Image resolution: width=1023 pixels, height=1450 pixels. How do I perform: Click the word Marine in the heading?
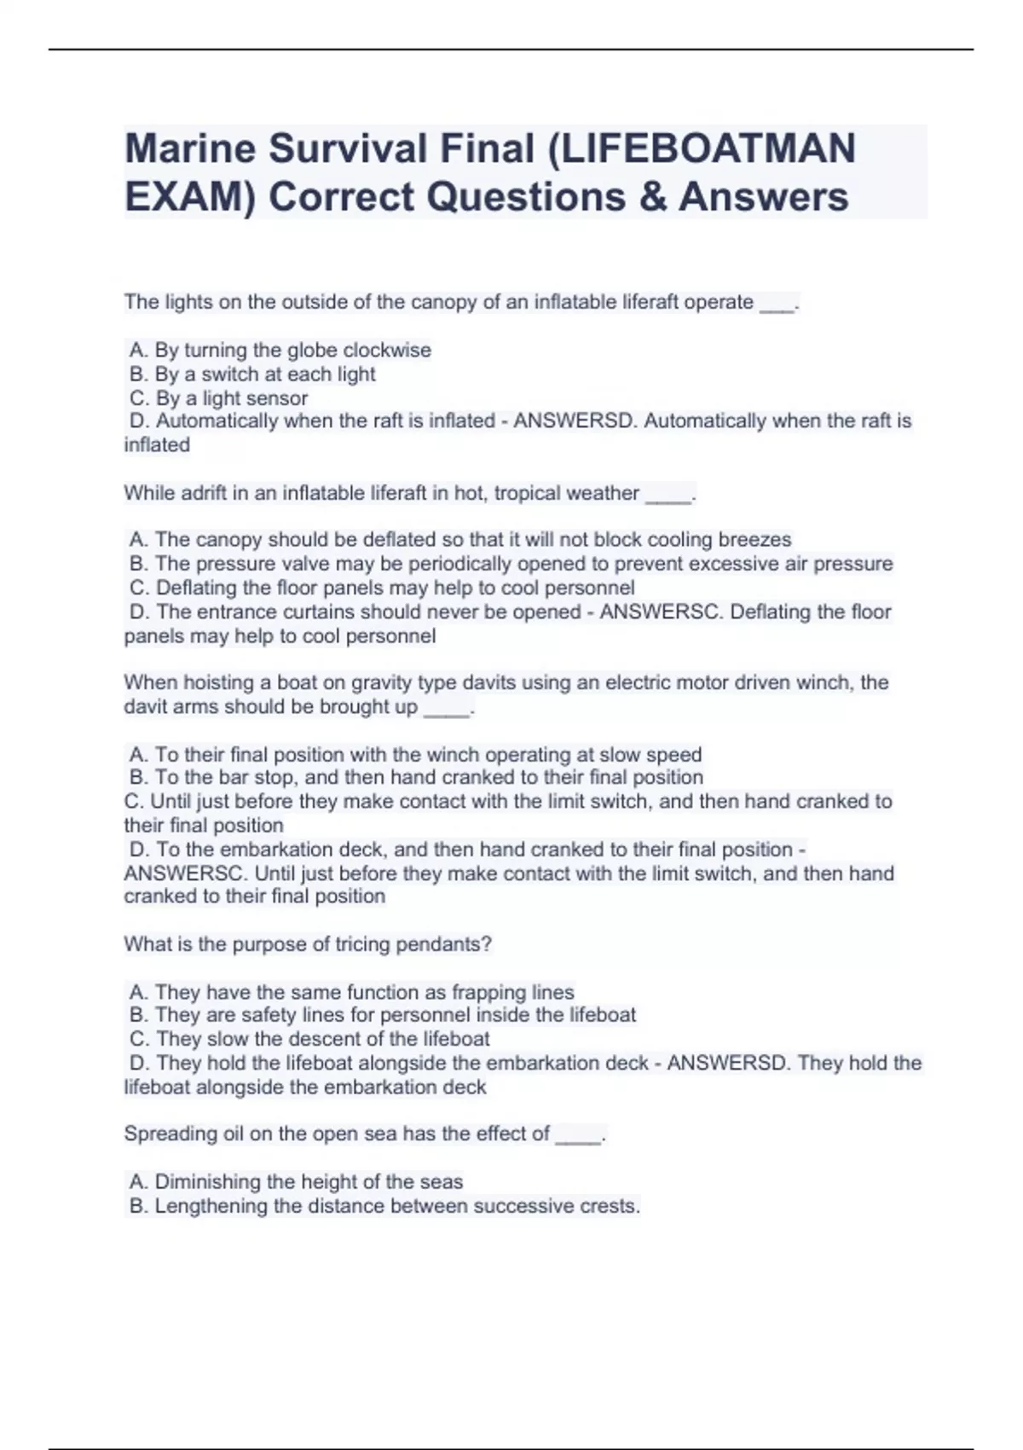(x=190, y=148)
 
